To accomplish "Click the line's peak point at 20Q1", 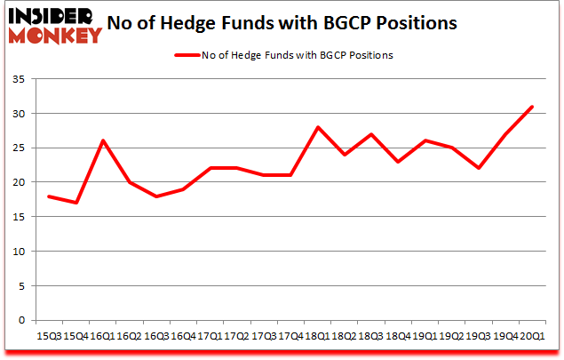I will pyautogui.click(x=532, y=107).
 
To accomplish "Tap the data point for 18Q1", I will pyautogui.click(x=317, y=127).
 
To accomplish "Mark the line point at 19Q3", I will pyautogui.click(x=479, y=168).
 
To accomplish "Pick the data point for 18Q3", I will pyautogui.click(x=371, y=134).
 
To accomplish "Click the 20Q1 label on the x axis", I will pyautogui.click(x=531, y=335).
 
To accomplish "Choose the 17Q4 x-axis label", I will pyautogui.click(x=291, y=335).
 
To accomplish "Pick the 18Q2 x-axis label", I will pyautogui.click(x=344, y=335).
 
